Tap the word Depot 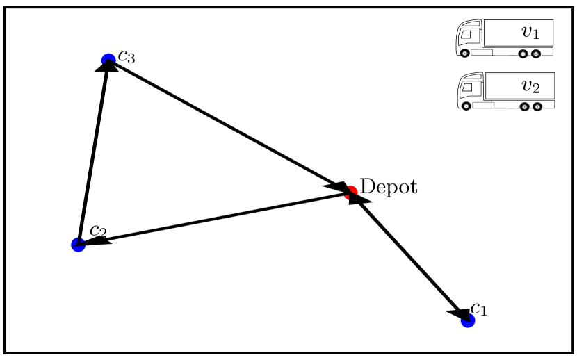[x=389, y=186]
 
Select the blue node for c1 [x=468, y=320]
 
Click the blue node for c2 [x=79, y=244]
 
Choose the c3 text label [x=126, y=55]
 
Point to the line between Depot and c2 [x=216, y=218]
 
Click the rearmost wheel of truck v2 [x=537, y=106]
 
